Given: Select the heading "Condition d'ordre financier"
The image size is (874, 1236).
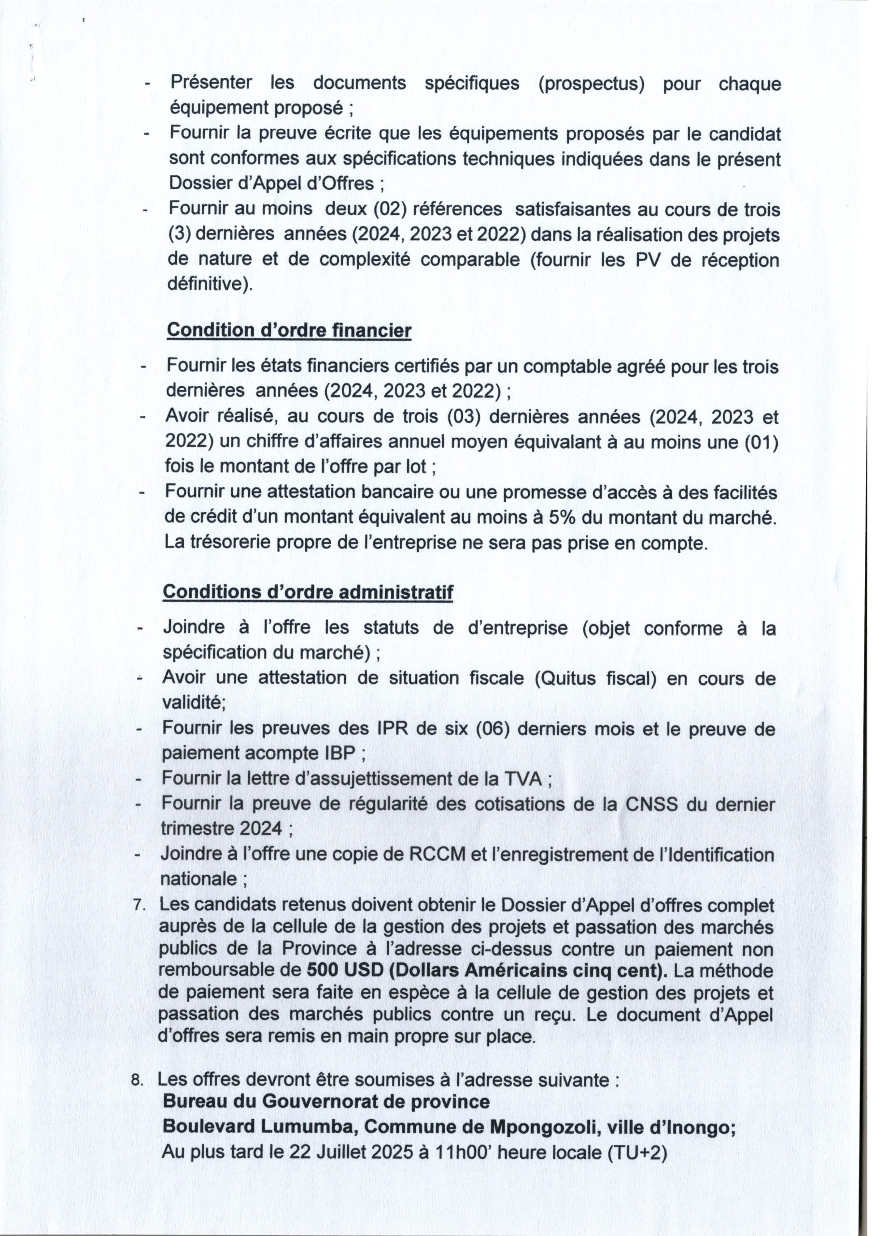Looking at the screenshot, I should pyautogui.click(x=289, y=331).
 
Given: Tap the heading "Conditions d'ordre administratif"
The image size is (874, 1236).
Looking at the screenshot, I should pyautogui.click(x=308, y=591).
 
